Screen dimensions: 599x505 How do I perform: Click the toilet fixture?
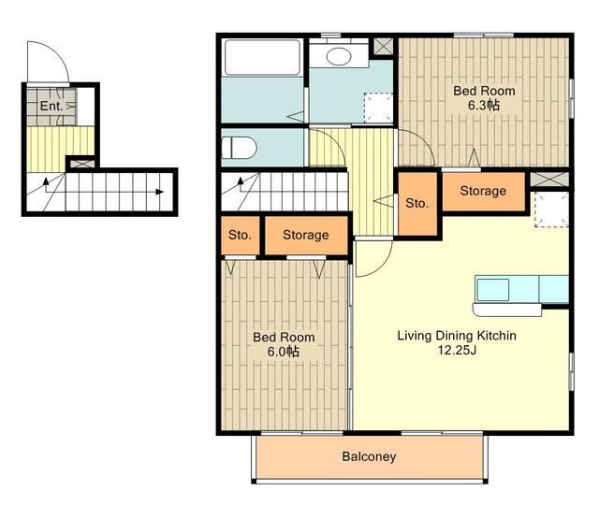(239, 148)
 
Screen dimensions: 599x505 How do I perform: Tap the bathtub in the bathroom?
(262, 58)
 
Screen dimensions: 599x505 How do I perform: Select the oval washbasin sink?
(339, 57)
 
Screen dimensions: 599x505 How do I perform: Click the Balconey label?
(369, 456)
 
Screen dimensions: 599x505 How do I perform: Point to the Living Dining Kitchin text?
(457, 336)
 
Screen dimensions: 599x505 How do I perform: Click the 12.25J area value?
(457, 350)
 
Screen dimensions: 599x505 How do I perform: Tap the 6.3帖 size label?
(484, 105)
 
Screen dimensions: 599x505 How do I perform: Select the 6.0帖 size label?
(283, 352)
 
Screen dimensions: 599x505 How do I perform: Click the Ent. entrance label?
(51, 106)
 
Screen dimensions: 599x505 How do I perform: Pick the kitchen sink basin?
(493, 290)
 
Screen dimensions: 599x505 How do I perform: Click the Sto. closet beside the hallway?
(417, 204)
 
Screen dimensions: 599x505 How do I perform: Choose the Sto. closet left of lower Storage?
(241, 235)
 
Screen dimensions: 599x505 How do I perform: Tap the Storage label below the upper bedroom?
(483, 191)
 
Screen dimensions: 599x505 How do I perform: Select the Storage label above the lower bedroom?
(306, 235)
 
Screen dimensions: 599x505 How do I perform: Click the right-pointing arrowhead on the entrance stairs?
(160, 192)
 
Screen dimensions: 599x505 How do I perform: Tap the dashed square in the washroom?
(378, 108)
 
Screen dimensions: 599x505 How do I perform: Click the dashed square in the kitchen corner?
(551, 209)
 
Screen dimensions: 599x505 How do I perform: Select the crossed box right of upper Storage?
(549, 180)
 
